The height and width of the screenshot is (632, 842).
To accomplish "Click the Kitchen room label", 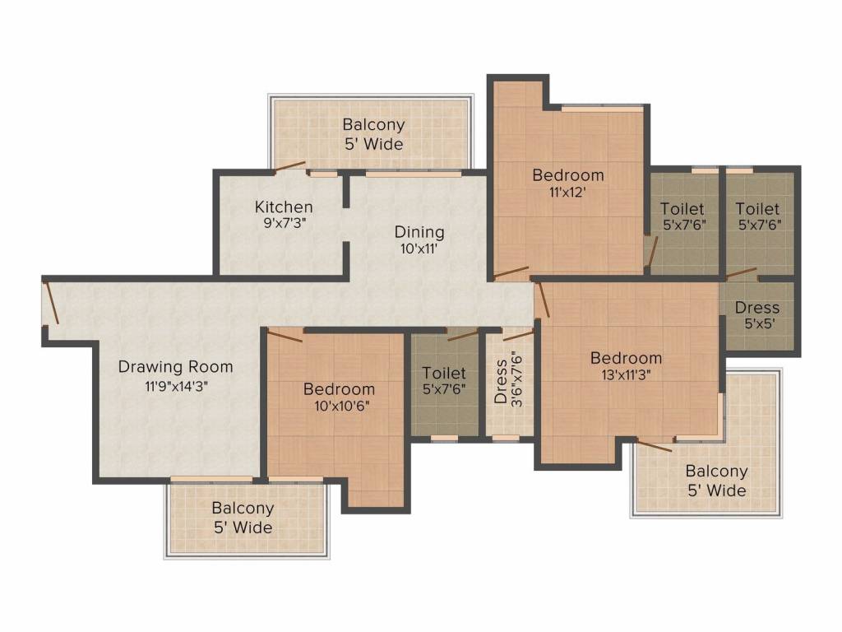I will click(283, 207).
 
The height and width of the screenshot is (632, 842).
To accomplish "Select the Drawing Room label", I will click(175, 367).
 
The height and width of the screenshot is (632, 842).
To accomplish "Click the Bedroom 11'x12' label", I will click(567, 175).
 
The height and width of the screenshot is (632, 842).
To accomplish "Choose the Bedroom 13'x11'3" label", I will click(626, 358).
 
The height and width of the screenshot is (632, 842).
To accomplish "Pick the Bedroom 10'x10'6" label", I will click(339, 389).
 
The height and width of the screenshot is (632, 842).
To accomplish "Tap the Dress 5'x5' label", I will click(757, 308).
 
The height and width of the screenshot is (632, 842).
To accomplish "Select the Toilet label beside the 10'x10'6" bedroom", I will click(443, 374).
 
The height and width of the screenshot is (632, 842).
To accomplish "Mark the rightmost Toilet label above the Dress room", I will click(757, 209).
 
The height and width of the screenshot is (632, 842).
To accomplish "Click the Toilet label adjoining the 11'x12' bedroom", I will click(683, 209).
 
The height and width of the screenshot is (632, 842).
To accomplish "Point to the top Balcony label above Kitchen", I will click(373, 125).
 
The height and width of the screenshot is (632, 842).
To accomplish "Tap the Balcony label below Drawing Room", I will click(243, 509).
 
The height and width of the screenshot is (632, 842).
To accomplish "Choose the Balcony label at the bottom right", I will click(716, 472).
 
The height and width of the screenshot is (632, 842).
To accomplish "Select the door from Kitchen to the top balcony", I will click(289, 166).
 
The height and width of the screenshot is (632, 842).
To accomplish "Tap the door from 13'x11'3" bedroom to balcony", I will click(655, 447).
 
